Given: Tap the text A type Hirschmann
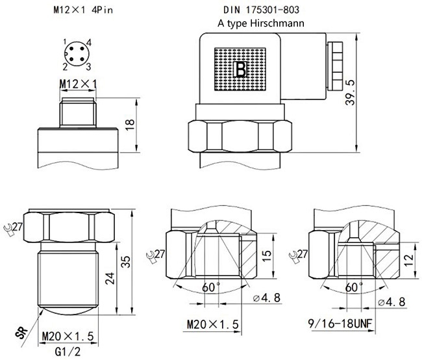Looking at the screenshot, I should [x=262, y=23].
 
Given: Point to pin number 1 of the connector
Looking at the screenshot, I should [x=66, y=42].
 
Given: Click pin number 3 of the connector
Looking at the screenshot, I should [x=88, y=66].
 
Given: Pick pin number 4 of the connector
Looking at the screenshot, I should [x=88, y=42].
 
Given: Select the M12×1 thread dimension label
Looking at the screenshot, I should [x=77, y=84].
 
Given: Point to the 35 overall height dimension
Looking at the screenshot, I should [x=127, y=261].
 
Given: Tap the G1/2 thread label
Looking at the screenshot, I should [x=69, y=352].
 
